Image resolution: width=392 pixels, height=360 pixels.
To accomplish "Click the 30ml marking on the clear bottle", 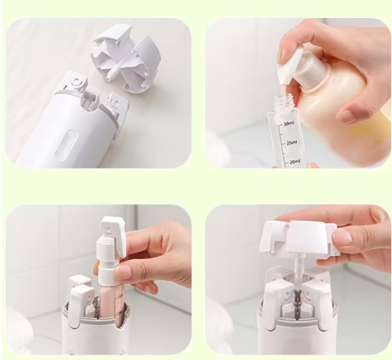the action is pyautogui.click(x=289, y=124).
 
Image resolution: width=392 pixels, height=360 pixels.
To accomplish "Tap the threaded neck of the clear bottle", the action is pyautogui.click(x=284, y=102).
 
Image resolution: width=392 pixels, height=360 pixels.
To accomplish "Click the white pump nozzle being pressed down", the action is pyautogui.click(x=289, y=64).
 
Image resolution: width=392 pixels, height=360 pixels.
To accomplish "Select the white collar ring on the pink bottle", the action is pyautogui.click(x=109, y=275).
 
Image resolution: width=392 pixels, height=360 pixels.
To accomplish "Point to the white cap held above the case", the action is pyautogui.click(x=299, y=238).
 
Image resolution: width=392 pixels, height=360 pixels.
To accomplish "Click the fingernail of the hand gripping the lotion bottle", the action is pyautogui.click(x=349, y=116).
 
